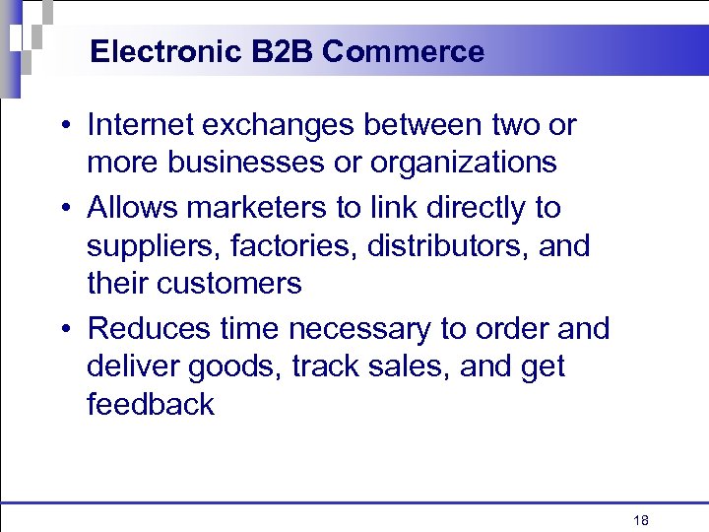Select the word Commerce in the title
403,51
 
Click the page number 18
641,521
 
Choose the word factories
296,245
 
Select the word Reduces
148,328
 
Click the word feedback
151,404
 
